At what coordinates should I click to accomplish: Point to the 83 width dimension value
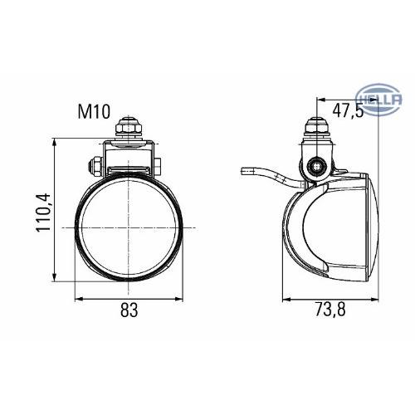click(129, 311)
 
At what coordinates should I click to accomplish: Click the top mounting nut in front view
click(129, 129)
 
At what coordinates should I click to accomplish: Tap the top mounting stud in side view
click(316, 129)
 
